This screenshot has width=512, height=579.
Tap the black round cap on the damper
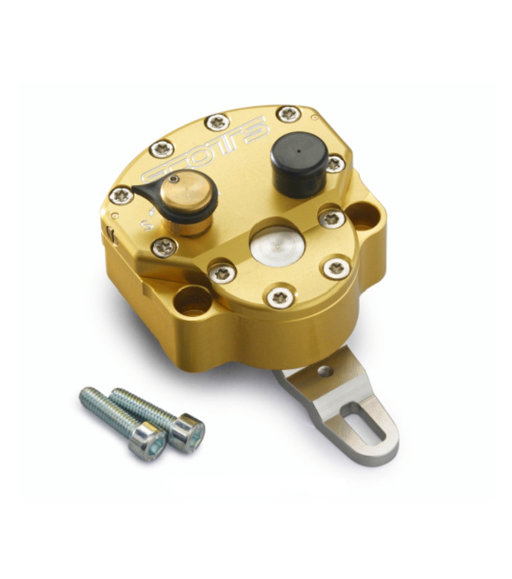[x=298, y=152]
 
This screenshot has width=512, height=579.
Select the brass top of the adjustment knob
[x=189, y=195]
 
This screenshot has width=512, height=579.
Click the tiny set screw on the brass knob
[x=173, y=178]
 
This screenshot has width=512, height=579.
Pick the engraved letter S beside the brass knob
[x=143, y=225]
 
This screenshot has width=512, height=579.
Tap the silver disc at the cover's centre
[x=277, y=244]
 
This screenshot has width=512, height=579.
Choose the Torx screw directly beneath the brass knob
[x=164, y=246]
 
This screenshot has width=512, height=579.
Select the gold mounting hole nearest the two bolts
[x=192, y=300]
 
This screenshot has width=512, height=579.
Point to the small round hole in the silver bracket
[x=325, y=371]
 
